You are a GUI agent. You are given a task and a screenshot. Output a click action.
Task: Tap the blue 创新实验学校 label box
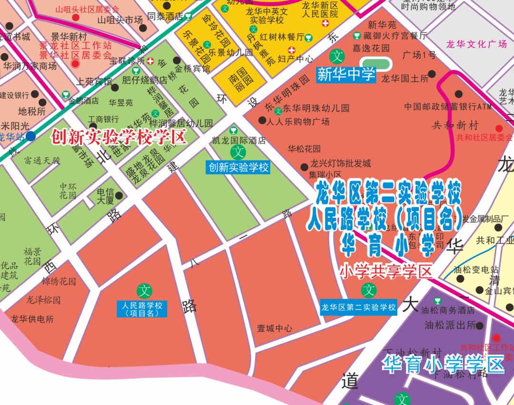pyautogui.click(x=237, y=168)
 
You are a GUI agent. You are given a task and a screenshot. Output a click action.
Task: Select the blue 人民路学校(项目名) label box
pyautogui.click(x=142, y=309)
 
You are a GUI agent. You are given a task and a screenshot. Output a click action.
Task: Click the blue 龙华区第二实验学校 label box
pyautogui.click(x=358, y=307)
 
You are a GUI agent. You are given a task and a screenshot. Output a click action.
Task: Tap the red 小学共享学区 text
pyautogui.click(x=385, y=272)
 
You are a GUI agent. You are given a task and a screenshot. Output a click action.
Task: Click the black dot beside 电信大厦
pyautogui.click(x=119, y=195)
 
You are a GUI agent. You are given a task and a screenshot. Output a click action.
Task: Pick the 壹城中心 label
pyautogui.click(x=275, y=328)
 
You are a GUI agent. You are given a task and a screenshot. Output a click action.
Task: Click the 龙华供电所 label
pyautogui.click(x=32, y=319)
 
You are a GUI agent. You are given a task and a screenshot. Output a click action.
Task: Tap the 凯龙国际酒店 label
pyautogui.click(x=238, y=141)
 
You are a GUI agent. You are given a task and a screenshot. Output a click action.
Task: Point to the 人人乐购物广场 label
pyautogui.click(x=298, y=121)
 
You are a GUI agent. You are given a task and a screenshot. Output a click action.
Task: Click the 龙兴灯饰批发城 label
pyautogui.click(x=340, y=164)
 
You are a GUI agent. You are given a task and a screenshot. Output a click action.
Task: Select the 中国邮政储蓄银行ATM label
pyautogui.click(x=448, y=106)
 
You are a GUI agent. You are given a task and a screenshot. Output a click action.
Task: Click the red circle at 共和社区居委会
pyautogui.click(x=499, y=128)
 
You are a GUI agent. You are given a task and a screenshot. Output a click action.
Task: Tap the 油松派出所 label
pyautogui.click(x=450, y=325)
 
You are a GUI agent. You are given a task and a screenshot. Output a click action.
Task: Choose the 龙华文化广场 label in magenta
pyautogui.click(x=476, y=44)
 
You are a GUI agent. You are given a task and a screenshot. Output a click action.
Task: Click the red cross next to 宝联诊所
pyautogui.click(x=150, y=61)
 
